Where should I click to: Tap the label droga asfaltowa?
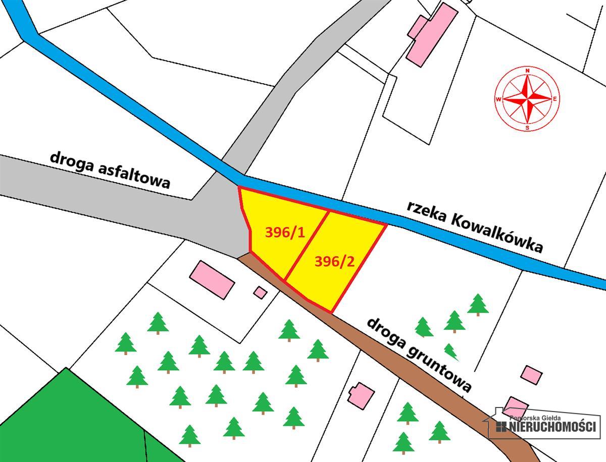point(110,169)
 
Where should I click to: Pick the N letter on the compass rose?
point(528,71)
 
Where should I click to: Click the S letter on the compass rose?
point(528,127)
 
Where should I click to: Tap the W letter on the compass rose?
point(499,99)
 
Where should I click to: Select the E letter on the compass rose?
point(555,98)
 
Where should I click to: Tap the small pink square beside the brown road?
point(260,292)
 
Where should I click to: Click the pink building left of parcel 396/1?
point(212,278)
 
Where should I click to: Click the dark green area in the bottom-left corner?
point(66,424)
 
